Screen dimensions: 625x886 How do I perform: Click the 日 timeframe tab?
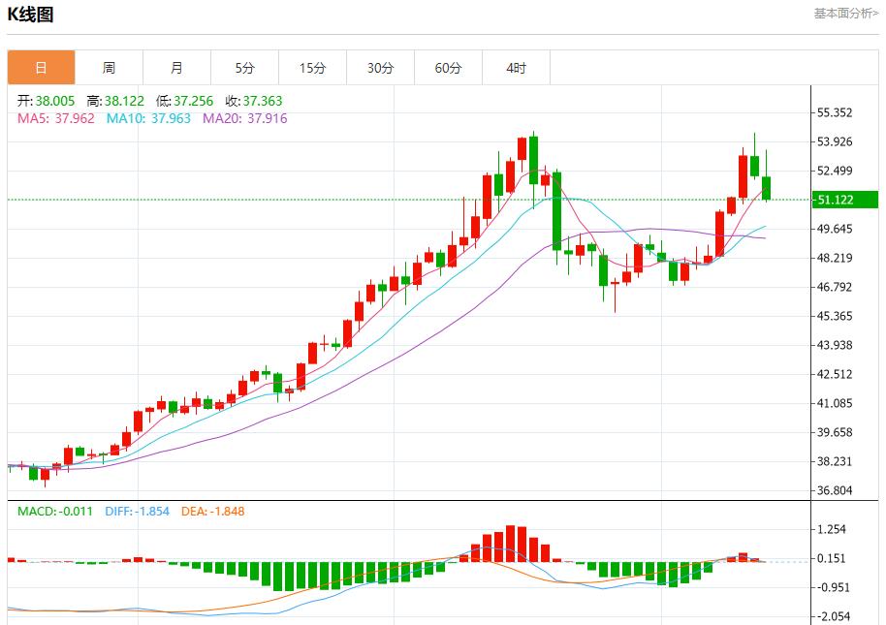pyautogui.click(x=41, y=68)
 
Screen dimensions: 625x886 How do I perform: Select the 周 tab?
pyautogui.click(x=109, y=68)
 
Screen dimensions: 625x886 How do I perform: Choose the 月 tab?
pyautogui.click(x=176, y=68)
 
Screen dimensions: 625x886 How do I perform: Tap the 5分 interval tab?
pyautogui.click(x=244, y=68)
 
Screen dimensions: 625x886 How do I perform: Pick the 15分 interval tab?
pyautogui.click(x=312, y=68)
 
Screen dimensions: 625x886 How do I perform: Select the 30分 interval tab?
pyautogui.click(x=380, y=68)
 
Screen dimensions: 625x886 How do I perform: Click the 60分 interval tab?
pyautogui.click(x=448, y=68)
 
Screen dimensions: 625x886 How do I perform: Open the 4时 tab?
pyautogui.click(x=516, y=68)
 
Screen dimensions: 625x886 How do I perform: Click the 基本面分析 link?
pyautogui.click(x=845, y=14)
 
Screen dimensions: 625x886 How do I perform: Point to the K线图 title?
pyautogui.click(x=31, y=15)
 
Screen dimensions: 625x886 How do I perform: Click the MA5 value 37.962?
pyautogui.click(x=75, y=118)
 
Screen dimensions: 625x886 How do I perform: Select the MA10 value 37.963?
pyautogui.click(x=172, y=118)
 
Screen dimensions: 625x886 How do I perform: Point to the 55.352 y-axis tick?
pyautogui.click(x=835, y=112)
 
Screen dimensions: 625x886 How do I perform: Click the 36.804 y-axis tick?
pyautogui.click(x=835, y=490)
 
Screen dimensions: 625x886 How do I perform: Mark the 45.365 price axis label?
pyautogui.click(x=835, y=316)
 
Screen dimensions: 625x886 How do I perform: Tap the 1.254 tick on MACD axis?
pyautogui.click(x=833, y=529)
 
